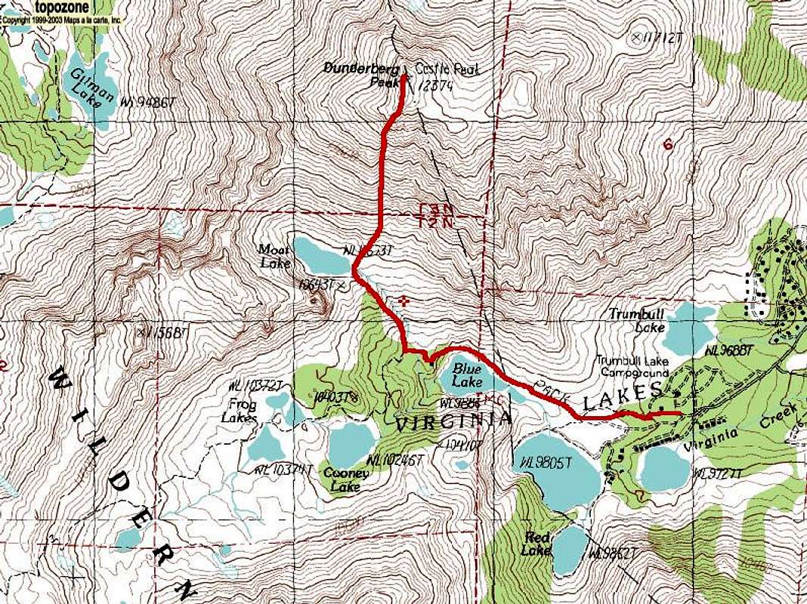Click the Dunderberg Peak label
point(356,73)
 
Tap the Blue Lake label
point(467,374)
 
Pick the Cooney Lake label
point(346,479)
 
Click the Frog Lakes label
point(240,412)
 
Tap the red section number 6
point(667,144)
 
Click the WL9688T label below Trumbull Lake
point(730,350)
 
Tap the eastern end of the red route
point(680,413)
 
